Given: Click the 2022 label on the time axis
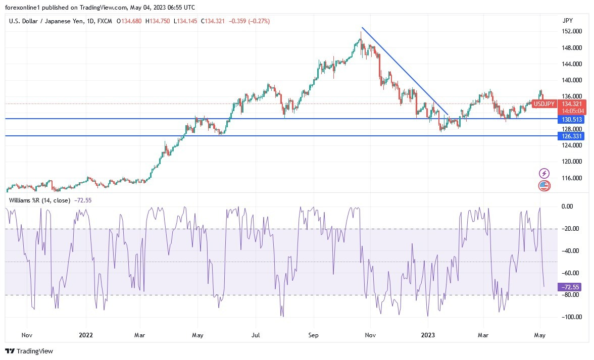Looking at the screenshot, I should point(86,335).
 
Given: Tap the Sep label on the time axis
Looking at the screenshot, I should point(313,335).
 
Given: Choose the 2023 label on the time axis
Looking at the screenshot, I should point(428,335).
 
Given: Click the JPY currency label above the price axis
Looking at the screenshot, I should point(567,21).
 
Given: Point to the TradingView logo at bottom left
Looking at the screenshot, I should point(29,351).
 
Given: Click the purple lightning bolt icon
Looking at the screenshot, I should point(544,173).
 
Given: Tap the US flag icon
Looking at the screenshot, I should point(544,185).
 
